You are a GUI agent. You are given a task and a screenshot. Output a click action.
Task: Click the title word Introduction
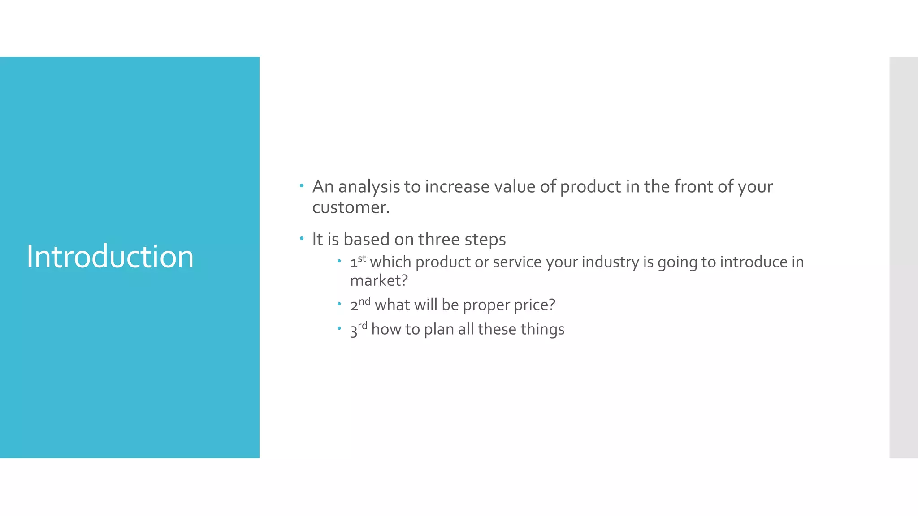tap(110, 257)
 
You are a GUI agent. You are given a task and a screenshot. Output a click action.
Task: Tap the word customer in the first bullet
tap(350, 207)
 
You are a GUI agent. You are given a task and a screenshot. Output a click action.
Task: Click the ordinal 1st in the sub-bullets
tap(358, 262)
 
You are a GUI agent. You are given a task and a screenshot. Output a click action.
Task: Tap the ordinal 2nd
tap(360, 304)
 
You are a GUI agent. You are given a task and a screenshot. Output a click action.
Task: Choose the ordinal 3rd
tap(358, 329)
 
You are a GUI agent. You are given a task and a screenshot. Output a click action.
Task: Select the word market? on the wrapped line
tap(379, 281)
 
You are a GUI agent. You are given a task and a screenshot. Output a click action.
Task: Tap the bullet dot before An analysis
tap(302, 185)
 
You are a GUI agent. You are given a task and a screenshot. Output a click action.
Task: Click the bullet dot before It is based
tap(302, 238)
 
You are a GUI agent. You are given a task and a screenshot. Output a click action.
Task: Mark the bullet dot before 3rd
tap(339, 328)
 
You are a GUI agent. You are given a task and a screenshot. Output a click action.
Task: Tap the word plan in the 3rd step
tap(439, 330)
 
